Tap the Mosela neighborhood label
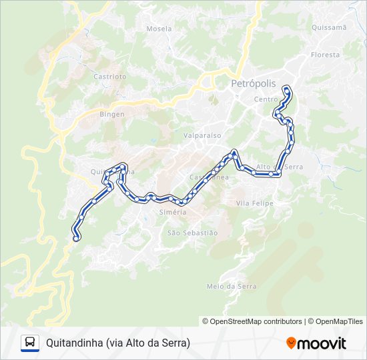coord(158,29)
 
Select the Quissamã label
coord(328,27)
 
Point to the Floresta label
coord(325,55)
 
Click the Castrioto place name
coord(110,77)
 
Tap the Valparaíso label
coord(202,135)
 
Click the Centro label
coord(266,99)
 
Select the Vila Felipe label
coord(255,203)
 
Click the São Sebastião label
coord(192,233)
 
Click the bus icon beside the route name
coord(30,343)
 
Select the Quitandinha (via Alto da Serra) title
coord(118,343)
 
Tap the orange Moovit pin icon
coord(291,343)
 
